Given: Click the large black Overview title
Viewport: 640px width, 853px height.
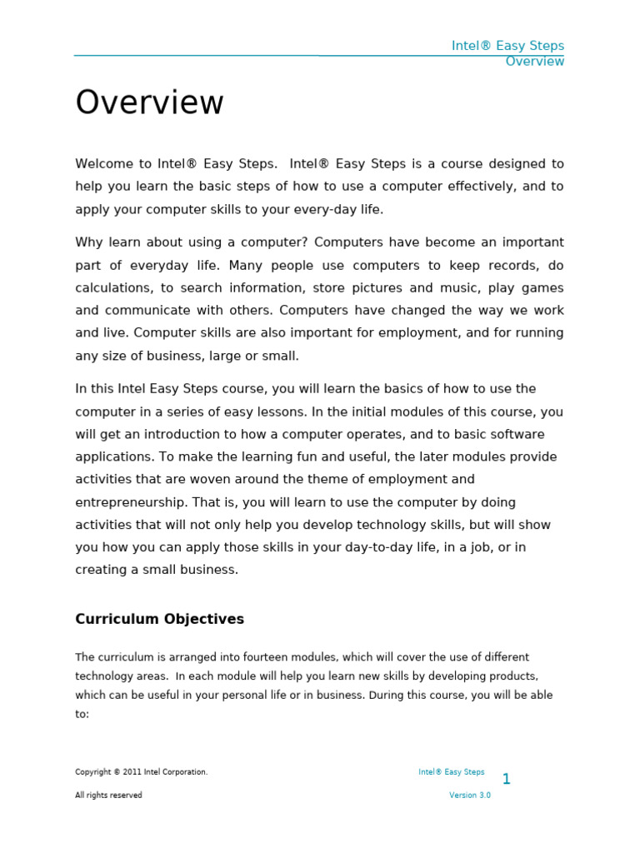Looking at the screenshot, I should point(149,103).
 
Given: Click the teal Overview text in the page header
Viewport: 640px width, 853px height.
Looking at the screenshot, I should point(534,62).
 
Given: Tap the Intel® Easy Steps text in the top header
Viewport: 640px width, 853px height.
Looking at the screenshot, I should point(507,46).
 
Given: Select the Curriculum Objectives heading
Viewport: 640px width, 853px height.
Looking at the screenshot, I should point(159,619).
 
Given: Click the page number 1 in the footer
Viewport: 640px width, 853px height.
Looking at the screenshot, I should point(506,780).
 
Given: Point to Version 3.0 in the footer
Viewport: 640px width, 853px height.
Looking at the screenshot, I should point(470,796).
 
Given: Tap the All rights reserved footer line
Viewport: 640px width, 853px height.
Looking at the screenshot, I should point(108,796).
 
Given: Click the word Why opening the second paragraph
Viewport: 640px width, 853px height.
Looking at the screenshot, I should point(88,242).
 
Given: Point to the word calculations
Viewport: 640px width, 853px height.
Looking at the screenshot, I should point(110,288).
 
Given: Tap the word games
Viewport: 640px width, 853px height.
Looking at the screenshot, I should point(541,288).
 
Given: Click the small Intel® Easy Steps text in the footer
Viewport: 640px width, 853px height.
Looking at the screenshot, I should point(451,772).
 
